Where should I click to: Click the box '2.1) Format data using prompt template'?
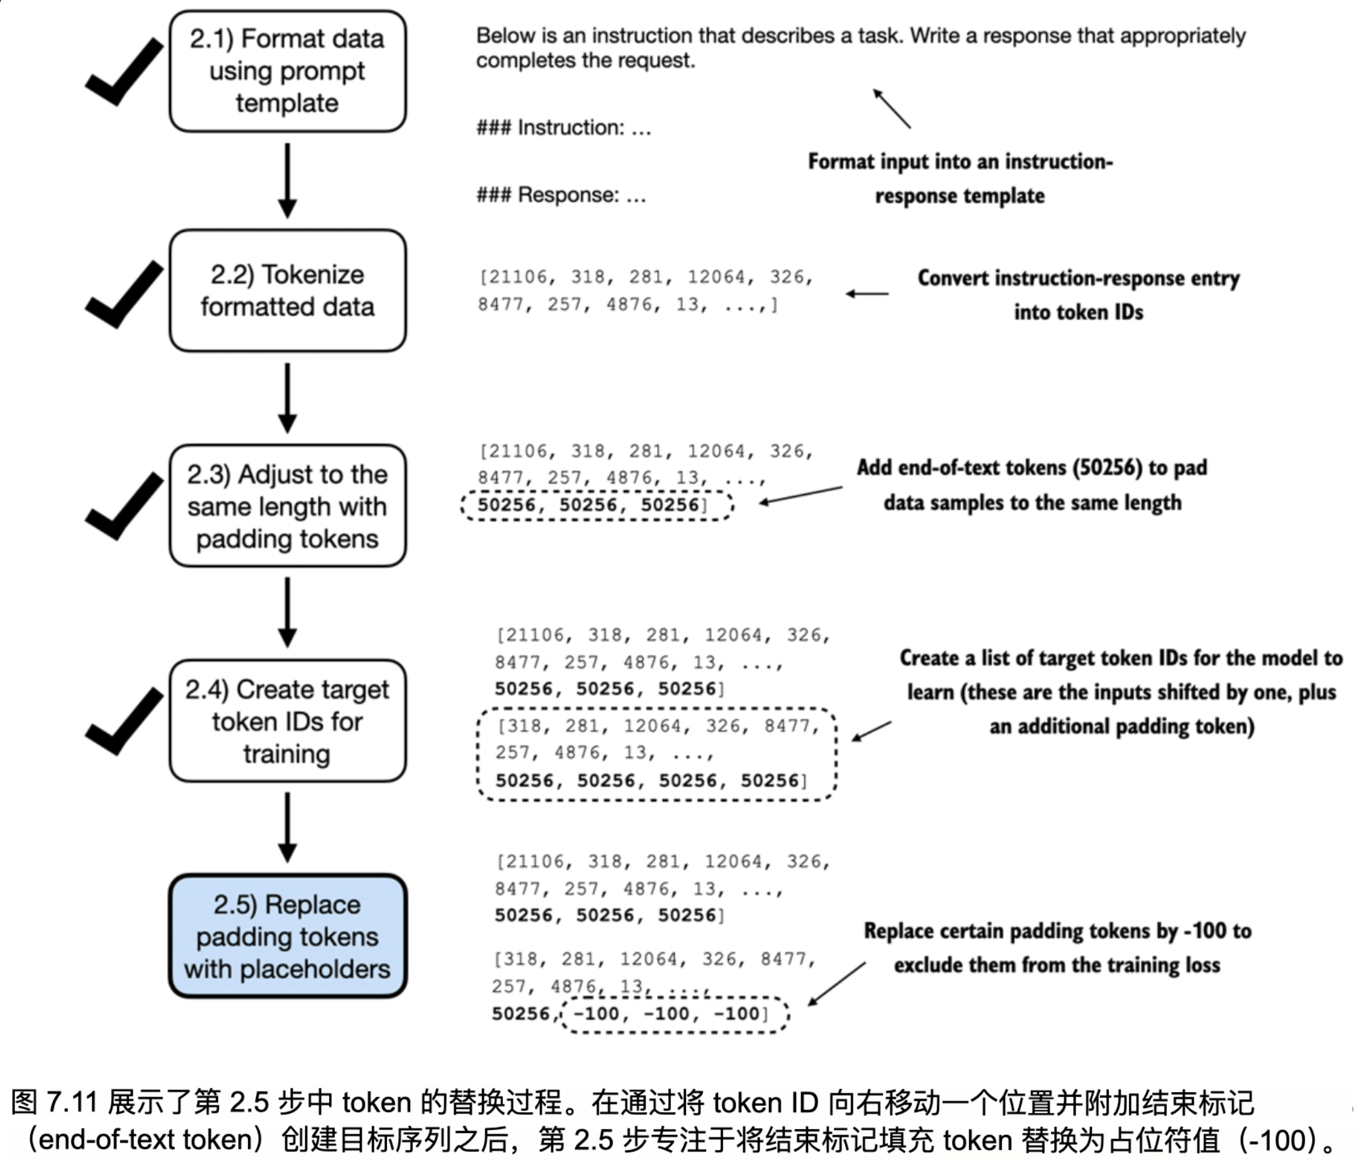(287, 70)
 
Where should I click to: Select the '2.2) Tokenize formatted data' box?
(287, 290)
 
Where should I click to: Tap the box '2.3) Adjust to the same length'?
(287, 505)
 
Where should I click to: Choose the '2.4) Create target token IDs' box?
(287, 721)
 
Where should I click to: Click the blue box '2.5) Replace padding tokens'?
(287, 935)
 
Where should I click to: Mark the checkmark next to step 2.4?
(123, 721)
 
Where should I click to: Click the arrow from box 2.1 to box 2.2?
(287, 180)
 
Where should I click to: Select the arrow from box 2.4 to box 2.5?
(287, 826)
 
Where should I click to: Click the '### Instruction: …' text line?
(564, 127)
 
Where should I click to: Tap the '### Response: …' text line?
(561, 194)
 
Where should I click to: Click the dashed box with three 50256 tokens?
(597, 505)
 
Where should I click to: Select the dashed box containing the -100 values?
(675, 1014)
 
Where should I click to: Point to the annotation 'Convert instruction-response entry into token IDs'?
(1078, 295)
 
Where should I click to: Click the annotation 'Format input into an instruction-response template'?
(960, 178)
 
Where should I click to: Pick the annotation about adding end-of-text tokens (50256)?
(1031, 485)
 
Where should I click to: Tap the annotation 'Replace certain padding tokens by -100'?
(1057, 947)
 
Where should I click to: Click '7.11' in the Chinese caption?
(72, 1102)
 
